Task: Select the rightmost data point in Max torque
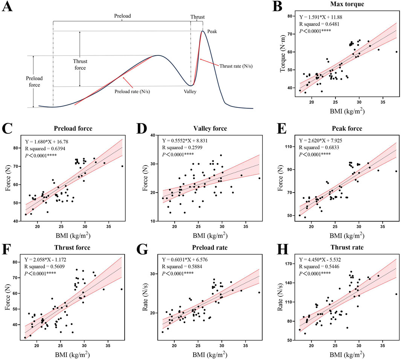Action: [x=396, y=52]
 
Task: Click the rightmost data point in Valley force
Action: [x=259, y=178]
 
